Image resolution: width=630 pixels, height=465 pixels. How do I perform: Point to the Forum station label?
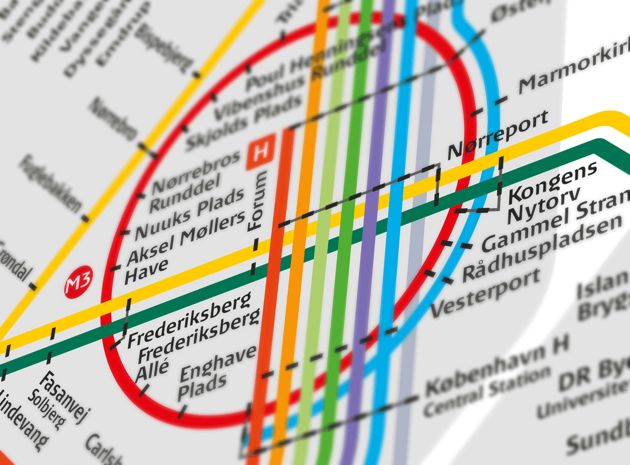[258, 202]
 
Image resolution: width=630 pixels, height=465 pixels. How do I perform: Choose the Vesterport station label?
[485, 294]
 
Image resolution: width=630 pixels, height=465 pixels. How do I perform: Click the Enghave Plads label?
[210, 374]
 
